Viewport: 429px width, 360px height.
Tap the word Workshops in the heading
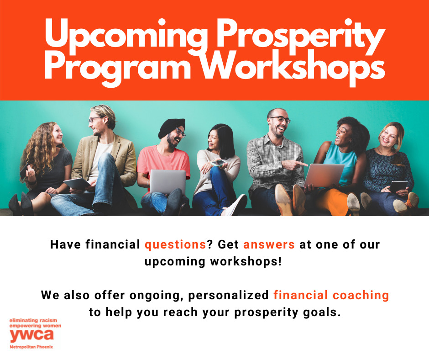pyautogui.click(x=293, y=68)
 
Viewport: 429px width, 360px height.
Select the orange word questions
pyautogui.click(x=175, y=245)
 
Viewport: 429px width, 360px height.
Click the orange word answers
pyautogui.click(x=269, y=245)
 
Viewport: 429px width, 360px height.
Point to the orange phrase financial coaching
pyautogui.click(x=331, y=295)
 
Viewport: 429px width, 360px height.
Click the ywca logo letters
pyautogui.click(x=31, y=335)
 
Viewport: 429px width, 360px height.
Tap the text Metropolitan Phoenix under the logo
pyautogui.click(x=31, y=347)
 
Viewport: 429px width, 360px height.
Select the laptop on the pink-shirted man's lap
pyautogui.click(x=167, y=182)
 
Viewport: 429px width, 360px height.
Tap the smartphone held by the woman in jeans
pyautogui.click(x=218, y=163)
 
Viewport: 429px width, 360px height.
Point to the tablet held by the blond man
pyautogui.click(x=77, y=183)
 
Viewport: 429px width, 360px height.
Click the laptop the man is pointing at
pyautogui.click(x=324, y=175)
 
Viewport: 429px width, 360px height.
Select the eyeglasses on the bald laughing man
pyautogui.click(x=280, y=119)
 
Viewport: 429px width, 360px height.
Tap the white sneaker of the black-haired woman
pyautogui.click(x=236, y=205)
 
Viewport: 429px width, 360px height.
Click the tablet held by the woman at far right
pyautogui.click(x=398, y=186)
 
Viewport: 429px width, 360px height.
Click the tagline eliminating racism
pyautogui.click(x=33, y=320)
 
